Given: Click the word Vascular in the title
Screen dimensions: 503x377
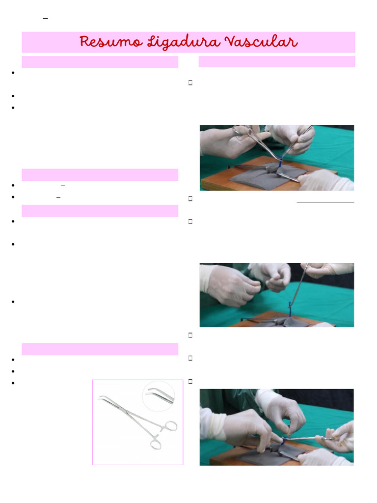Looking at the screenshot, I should click(x=261, y=42).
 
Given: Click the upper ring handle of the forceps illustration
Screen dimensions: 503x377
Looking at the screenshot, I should click(x=169, y=425).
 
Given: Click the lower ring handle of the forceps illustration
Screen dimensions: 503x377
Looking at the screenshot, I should click(x=155, y=444).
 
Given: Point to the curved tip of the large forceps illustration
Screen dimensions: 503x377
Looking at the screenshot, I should click(x=103, y=398).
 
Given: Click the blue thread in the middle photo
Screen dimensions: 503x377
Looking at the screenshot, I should click(x=290, y=309).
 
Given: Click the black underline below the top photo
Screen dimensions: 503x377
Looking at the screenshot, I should click(x=325, y=201).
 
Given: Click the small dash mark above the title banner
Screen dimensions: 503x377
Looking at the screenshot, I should click(x=46, y=18).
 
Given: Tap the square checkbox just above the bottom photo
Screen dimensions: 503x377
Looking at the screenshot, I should click(x=189, y=381).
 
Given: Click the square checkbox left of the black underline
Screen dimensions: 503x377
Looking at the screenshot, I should click(x=189, y=199).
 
